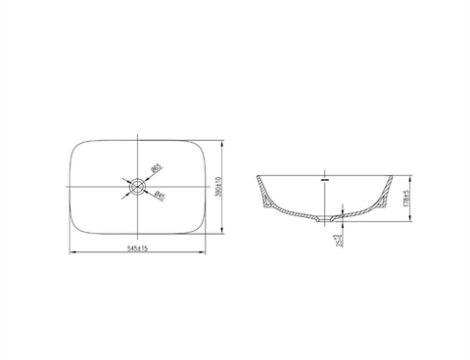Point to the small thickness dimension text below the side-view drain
click(x=336, y=236)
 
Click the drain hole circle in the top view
click(x=138, y=183)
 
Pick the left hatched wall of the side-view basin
click(x=264, y=193)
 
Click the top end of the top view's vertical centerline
click(x=138, y=131)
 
